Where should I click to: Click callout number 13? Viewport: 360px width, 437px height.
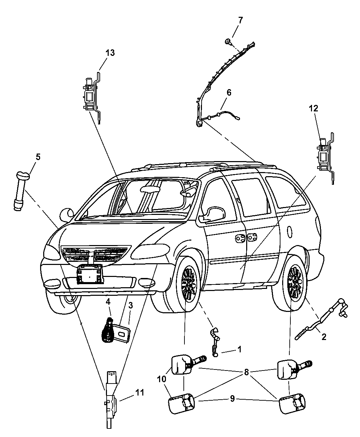110,53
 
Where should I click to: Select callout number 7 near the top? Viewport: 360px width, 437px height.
240,20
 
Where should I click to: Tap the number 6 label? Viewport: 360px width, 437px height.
229,92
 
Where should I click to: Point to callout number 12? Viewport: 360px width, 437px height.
313,109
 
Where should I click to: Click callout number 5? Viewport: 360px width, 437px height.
38,157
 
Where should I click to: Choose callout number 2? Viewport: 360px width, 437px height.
324,337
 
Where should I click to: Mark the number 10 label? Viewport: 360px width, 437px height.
161,379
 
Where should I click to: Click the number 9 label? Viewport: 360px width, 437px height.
232,399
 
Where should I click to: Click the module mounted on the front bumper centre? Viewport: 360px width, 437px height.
89,274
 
